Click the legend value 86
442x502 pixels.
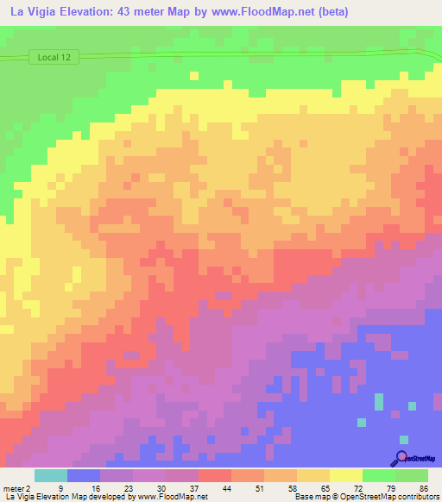coord(424,487)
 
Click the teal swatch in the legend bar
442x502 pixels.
coord(51,475)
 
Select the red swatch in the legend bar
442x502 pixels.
coord(215,475)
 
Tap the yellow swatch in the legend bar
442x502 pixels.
coord(346,475)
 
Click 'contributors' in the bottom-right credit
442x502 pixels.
coord(416,497)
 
